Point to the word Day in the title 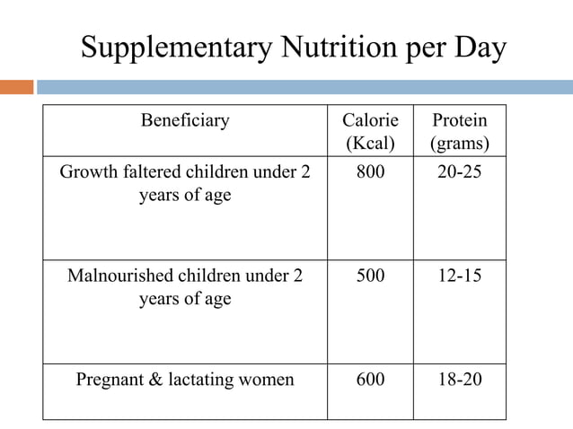480,47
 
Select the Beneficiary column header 185,120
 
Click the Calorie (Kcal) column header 370,131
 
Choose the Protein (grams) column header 460,131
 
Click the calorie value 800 370,171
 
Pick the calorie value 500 370,276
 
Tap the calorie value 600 370,380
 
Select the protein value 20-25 460,171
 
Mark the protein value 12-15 460,276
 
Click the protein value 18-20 460,380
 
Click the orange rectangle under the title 16,87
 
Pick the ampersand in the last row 154,380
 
